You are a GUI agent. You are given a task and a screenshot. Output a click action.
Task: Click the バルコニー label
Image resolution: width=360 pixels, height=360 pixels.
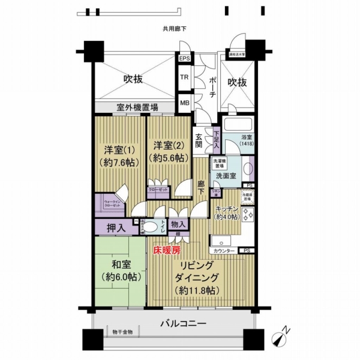[x=183, y=323]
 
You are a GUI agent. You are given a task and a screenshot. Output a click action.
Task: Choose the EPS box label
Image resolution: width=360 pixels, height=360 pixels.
[x=184, y=59]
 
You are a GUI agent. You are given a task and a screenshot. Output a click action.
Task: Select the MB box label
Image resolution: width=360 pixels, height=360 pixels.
[x=184, y=103]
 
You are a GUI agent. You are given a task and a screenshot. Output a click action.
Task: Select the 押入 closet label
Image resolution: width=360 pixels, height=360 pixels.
[x=116, y=227]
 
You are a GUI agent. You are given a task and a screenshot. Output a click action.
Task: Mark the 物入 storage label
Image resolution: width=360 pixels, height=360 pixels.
[x=178, y=224]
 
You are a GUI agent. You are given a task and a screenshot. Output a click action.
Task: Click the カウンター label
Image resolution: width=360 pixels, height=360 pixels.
[x=223, y=250]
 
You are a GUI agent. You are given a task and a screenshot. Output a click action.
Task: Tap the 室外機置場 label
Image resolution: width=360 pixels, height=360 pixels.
[x=137, y=107]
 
